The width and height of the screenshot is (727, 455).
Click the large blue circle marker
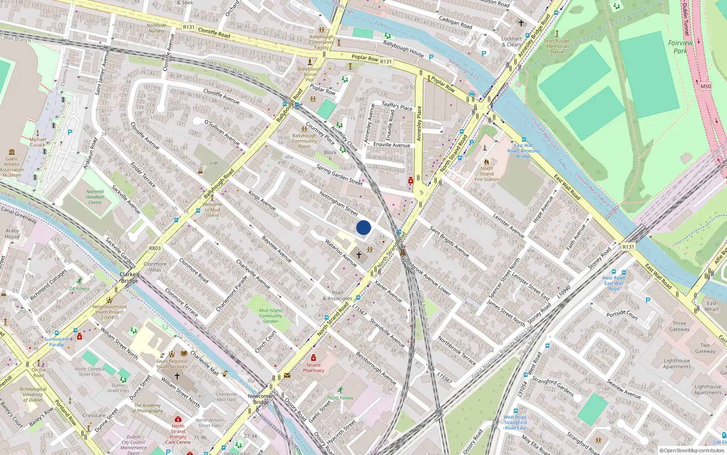tap(363, 227)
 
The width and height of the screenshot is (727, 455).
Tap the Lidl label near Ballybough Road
tap(214, 163)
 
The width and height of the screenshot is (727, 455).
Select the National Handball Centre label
tap(95, 197)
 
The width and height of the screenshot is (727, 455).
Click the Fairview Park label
tap(680, 47)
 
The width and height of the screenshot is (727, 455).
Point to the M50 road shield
tap(705, 86)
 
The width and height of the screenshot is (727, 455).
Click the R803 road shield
tap(155, 248)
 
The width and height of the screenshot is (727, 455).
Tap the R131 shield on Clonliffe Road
tap(189, 27)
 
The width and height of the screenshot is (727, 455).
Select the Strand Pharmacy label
tap(314, 368)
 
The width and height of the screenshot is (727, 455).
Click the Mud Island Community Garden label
tap(270, 316)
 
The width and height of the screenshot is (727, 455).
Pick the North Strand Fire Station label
tap(487, 174)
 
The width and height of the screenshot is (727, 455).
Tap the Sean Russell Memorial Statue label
tap(557, 46)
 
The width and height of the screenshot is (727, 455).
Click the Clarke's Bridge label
tap(129, 278)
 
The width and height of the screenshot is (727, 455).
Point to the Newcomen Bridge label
tap(261, 399)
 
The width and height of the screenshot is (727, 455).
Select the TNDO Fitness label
tap(340, 398)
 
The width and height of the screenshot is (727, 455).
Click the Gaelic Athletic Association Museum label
tap(12, 167)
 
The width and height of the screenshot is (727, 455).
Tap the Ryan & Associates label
tap(338, 296)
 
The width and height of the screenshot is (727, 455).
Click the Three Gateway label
tap(679, 326)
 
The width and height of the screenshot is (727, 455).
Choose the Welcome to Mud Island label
tap(213, 210)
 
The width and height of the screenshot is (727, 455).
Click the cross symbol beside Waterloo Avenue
tap(359, 255)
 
